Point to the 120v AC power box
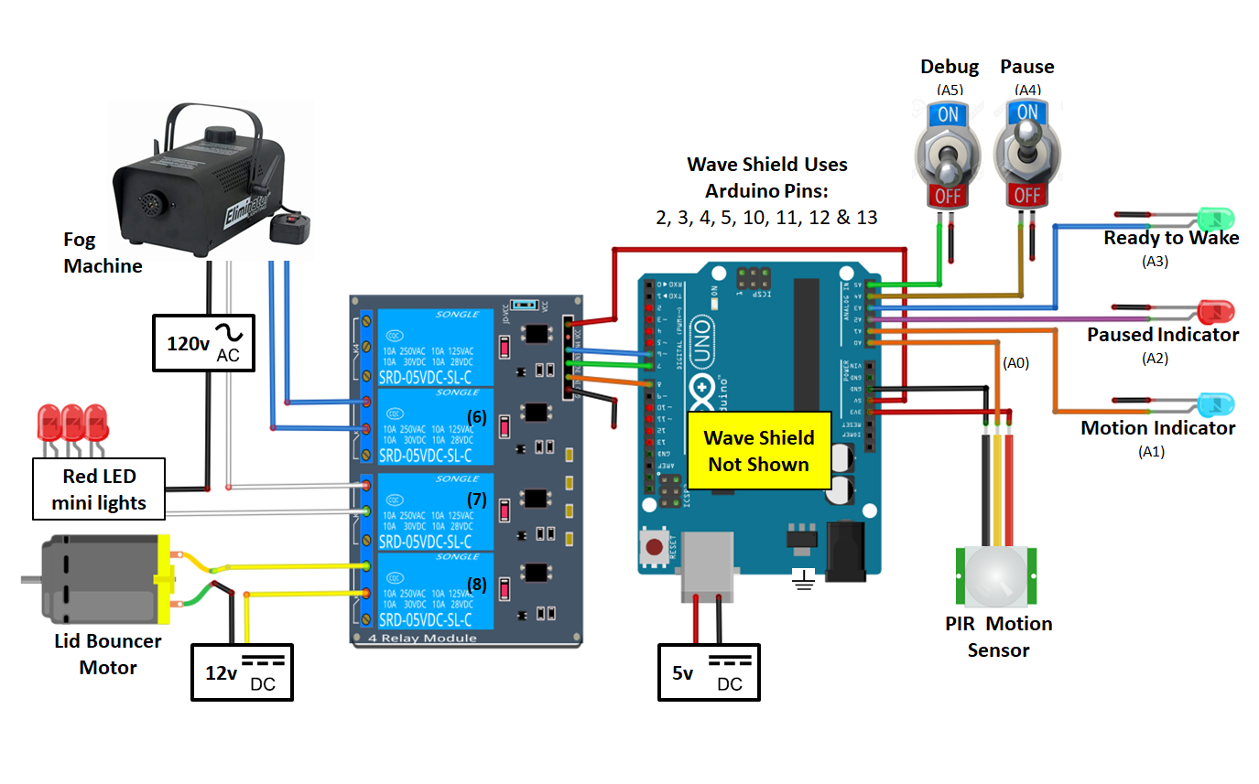click(202, 343)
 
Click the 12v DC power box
click(242, 672)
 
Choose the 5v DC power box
click(709, 672)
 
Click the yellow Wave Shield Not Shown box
click(757, 450)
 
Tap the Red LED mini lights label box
click(99, 489)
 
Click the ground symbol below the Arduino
click(804, 579)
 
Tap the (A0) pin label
click(1016, 362)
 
